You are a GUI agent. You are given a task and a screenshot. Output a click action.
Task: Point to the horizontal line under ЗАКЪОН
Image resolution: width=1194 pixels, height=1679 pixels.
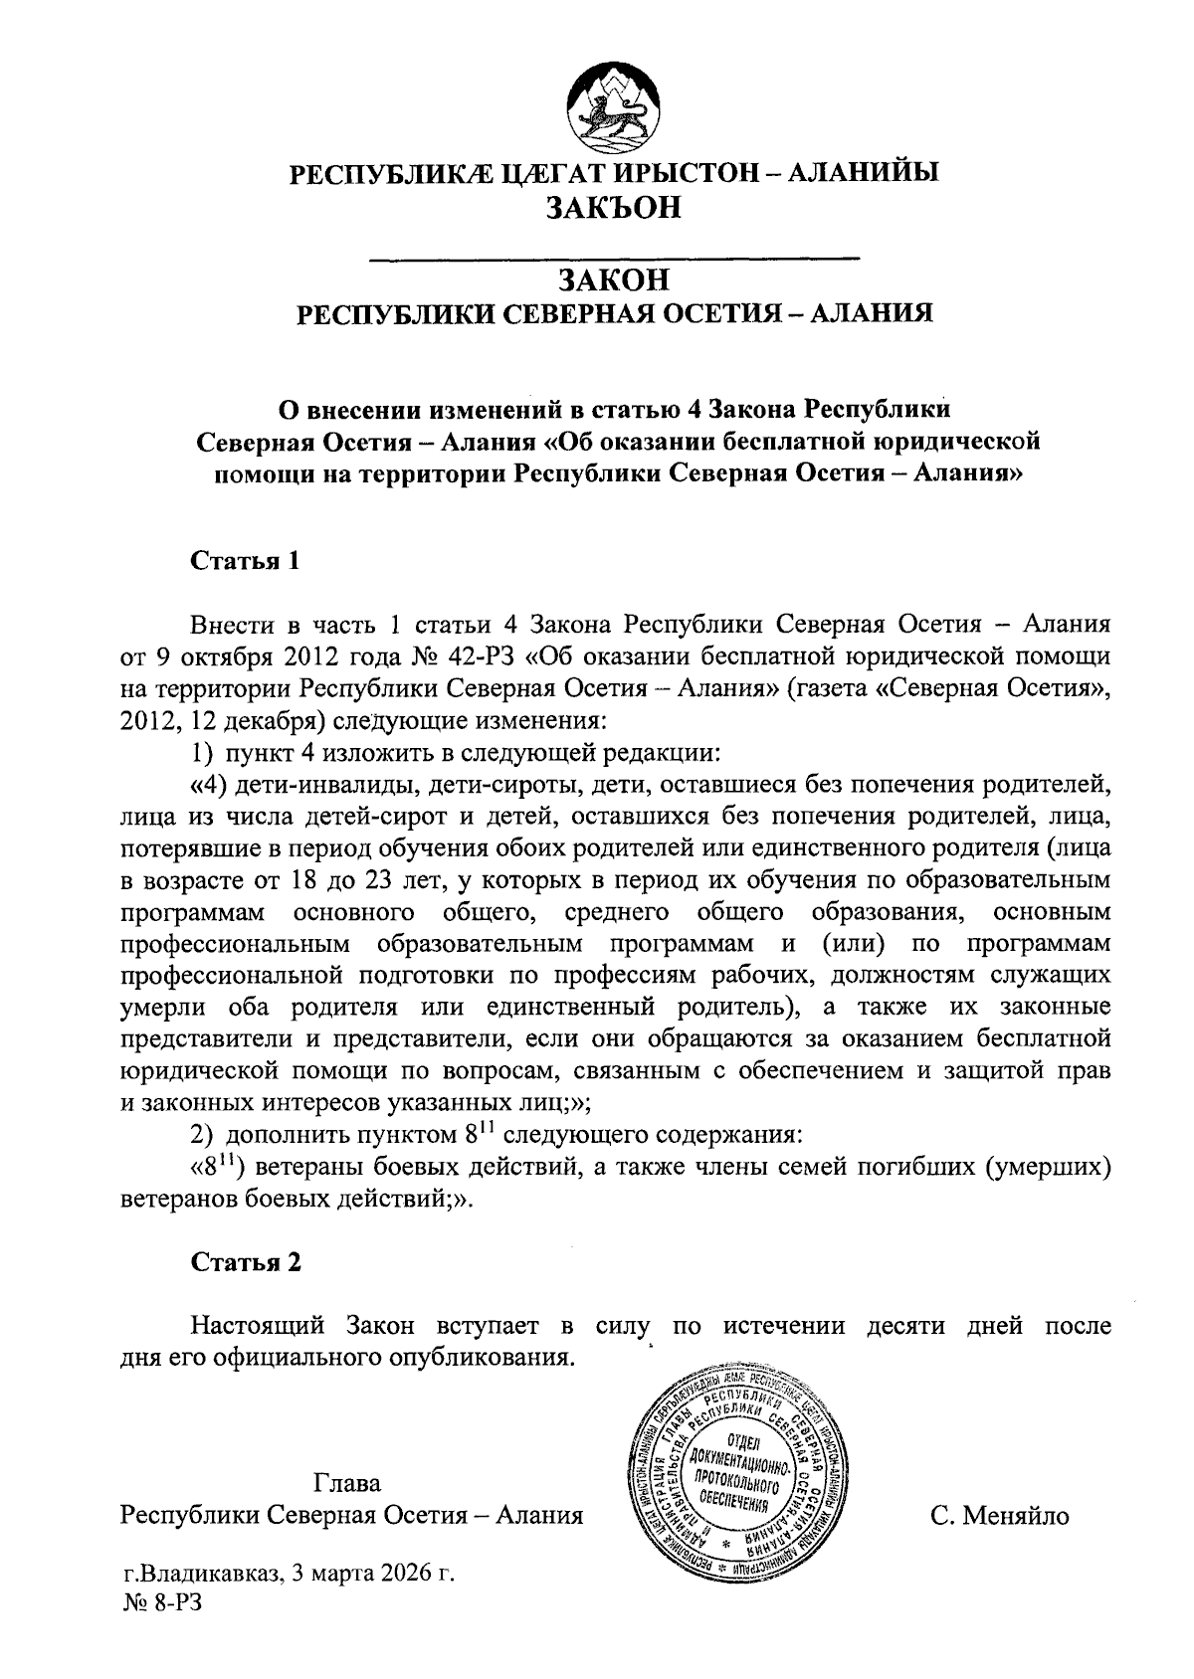614,260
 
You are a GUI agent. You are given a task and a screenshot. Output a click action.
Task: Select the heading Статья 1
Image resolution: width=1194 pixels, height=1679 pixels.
245,560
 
